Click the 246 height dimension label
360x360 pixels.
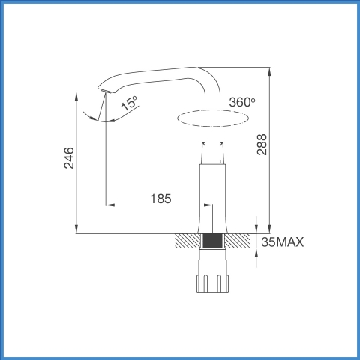tap(69, 158)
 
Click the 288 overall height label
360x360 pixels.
tap(262, 145)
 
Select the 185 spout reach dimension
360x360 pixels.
tap(160, 199)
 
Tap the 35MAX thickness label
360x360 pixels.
tap(283, 241)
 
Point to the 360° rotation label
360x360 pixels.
tap(242, 102)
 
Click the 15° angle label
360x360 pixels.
tap(130, 103)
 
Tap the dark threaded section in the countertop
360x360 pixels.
tap(213, 241)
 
